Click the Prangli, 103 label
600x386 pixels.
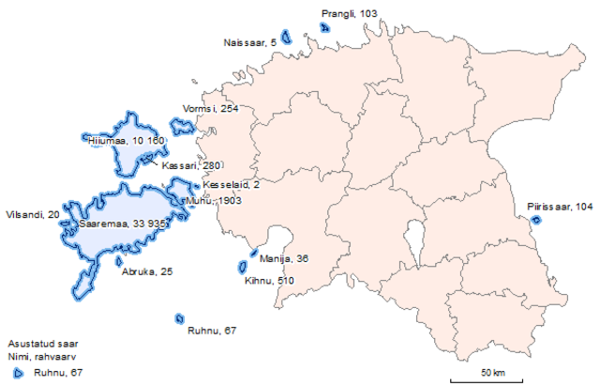pyautogui.click(x=349, y=14)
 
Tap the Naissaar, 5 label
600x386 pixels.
pyautogui.click(x=250, y=42)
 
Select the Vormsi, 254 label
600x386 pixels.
pyautogui.click(x=211, y=109)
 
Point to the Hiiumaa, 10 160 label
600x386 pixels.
pyautogui.click(x=127, y=141)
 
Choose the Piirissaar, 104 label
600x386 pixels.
pyautogui.click(x=558, y=207)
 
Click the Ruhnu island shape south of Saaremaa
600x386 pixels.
pyautogui.click(x=179, y=319)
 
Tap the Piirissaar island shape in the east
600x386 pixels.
pyautogui.click(x=536, y=220)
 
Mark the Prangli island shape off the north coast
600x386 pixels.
pyautogui.click(x=325, y=27)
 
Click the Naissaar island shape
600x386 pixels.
pyautogui.click(x=288, y=40)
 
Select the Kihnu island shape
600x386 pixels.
pyautogui.click(x=242, y=268)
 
